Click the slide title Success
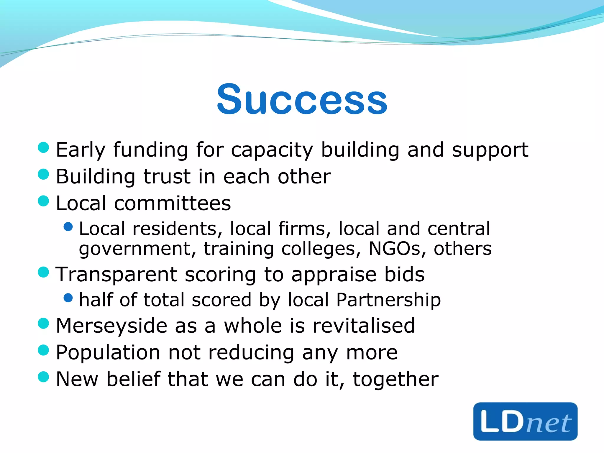pyautogui.click(x=302, y=99)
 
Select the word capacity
pyautogui.click(x=272, y=150)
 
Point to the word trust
pyautogui.click(x=167, y=177)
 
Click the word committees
pyautogui.click(x=173, y=203)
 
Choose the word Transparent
pyautogui.click(x=116, y=275)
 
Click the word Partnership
pyautogui.click(x=388, y=300)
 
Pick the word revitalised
pyautogui.click(x=364, y=326)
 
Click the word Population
pyautogui.click(x=108, y=352)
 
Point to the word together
pyautogui.click(x=395, y=379)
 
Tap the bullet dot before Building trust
pyautogui.click(x=43, y=174)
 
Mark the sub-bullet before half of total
pyautogui.click(x=68, y=298)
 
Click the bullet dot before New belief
pyautogui.click(x=43, y=377)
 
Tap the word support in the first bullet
pyautogui.click(x=490, y=150)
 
